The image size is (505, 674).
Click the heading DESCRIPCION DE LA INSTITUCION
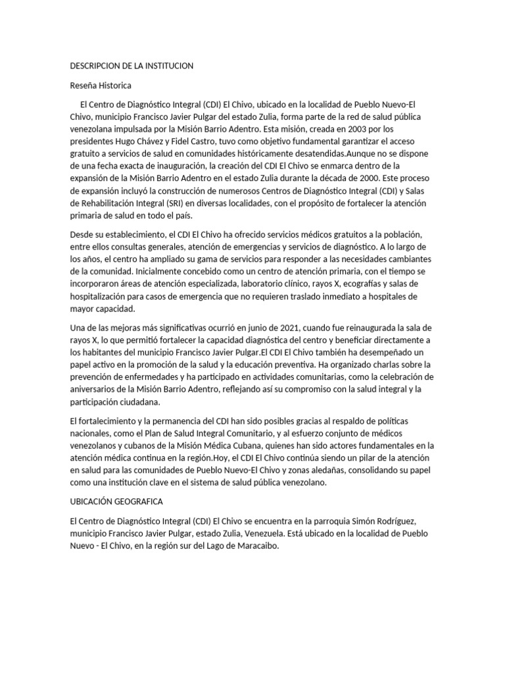pos(132,66)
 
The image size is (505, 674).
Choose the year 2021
pos(308,328)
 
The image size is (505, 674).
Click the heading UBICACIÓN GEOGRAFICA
pos(117,501)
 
